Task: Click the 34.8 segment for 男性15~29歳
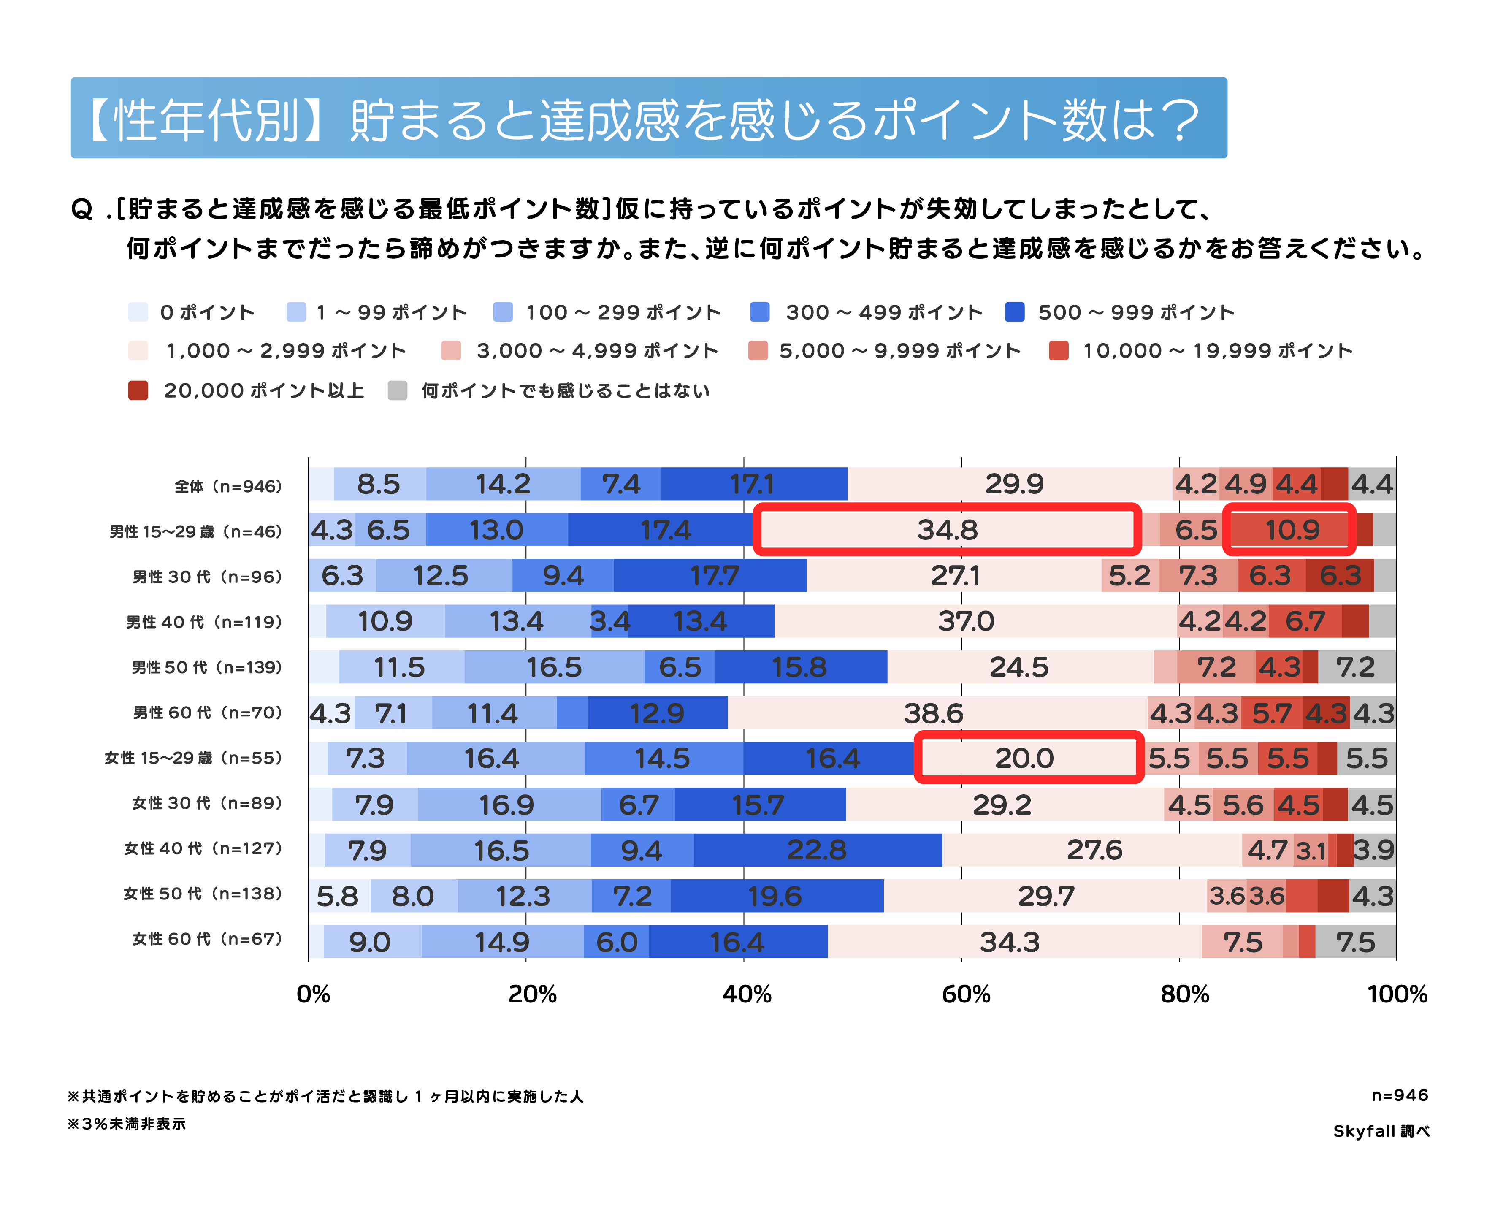947,530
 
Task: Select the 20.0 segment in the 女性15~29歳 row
1024,758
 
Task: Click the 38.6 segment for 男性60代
933,713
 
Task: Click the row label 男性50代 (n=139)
207,668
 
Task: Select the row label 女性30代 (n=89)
207,804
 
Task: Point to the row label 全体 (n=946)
228,486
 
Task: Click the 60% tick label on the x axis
966,994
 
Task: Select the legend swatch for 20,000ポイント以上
138,390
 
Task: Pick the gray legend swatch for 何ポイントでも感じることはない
397,390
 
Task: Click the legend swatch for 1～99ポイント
296,312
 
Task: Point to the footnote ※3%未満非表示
127,1124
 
